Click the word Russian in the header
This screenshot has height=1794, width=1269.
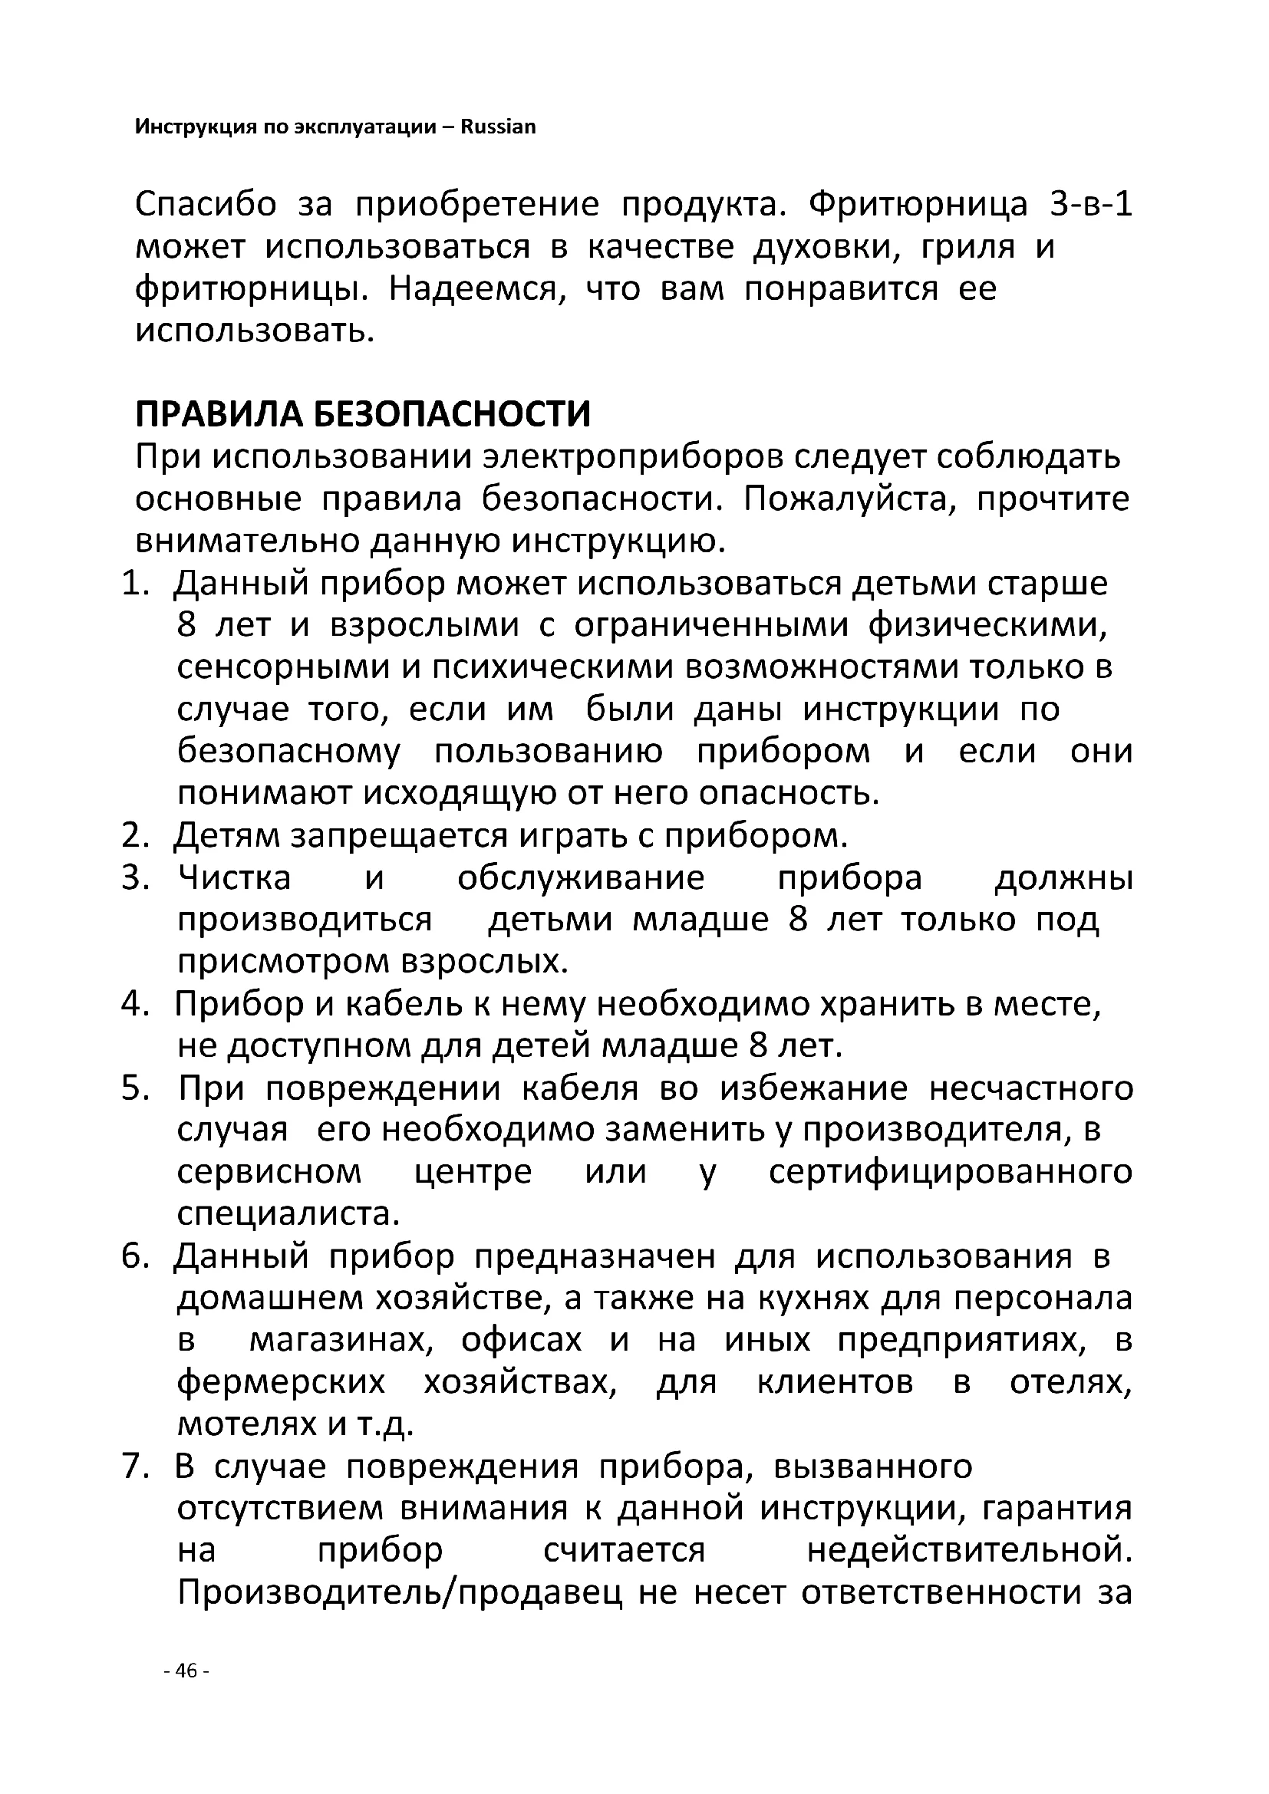498,127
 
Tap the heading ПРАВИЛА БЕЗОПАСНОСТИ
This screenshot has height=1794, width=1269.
363,415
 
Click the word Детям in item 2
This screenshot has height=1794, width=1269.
226,836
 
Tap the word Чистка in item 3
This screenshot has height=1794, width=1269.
235,878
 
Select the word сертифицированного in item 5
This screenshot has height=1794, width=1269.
950,1172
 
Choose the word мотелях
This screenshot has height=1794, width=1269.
246,1425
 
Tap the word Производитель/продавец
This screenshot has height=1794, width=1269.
400,1593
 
